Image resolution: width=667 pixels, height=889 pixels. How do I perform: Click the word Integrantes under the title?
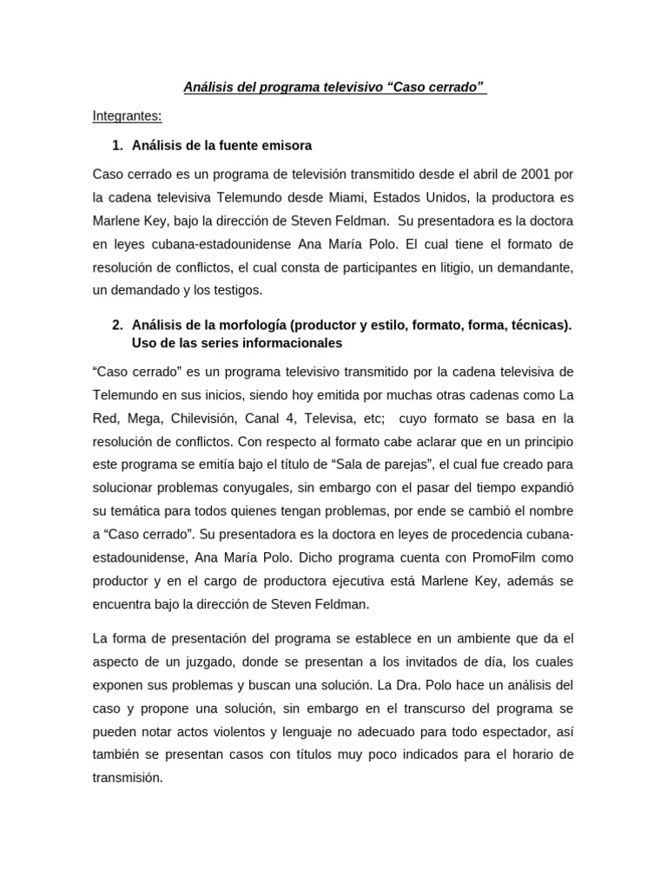click(127, 116)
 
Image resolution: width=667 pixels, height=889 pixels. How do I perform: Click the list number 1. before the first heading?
click(119, 145)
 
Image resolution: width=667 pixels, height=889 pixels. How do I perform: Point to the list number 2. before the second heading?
click(119, 325)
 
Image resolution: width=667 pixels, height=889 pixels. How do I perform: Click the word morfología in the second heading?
click(247, 325)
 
